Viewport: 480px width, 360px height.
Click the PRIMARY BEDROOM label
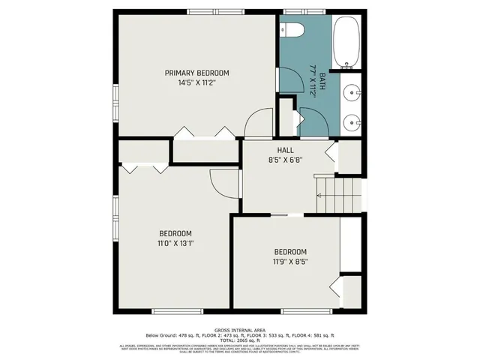(x=196, y=73)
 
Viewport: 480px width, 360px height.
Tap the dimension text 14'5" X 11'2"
(x=196, y=82)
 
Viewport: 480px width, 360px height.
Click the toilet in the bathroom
(x=292, y=31)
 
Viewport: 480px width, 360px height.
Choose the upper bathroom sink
(x=352, y=92)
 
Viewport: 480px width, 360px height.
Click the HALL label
(x=285, y=150)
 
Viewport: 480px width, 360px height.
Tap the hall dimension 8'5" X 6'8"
(x=285, y=160)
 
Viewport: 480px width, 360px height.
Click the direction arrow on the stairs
(x=321, y=194)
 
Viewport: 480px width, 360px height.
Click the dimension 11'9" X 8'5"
(x=289, y=261)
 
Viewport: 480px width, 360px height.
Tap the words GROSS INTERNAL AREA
(x=239, y=329)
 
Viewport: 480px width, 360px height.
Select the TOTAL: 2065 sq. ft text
(x=239, y=340)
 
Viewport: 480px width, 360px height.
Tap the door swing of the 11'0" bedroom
(x=223, y=182)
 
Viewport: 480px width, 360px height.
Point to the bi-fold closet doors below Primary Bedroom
(x=204, y=133)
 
